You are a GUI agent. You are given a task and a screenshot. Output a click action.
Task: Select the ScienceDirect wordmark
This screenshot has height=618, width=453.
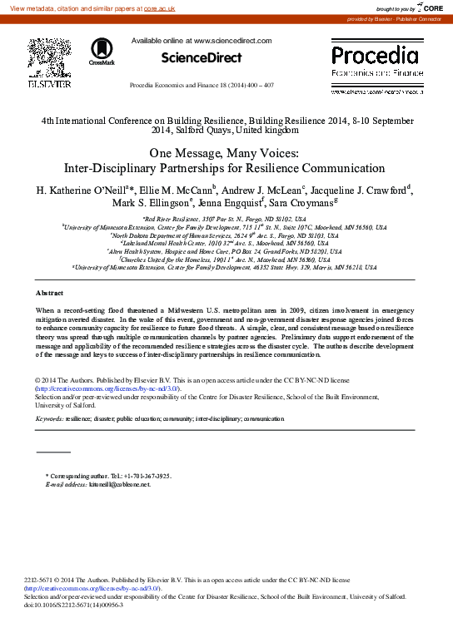pos(201,57)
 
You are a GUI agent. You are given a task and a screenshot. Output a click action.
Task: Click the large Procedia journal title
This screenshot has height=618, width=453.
pos(375,57)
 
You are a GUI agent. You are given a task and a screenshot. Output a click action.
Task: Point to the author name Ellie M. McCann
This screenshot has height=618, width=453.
pos(177,190)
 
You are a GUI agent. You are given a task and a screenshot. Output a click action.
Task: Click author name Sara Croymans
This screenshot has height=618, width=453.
pos(306,204)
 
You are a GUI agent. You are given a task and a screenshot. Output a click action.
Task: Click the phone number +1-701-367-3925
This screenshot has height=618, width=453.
pos(140,476)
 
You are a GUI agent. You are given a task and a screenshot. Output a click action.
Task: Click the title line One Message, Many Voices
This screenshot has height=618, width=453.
pos(226,153)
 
